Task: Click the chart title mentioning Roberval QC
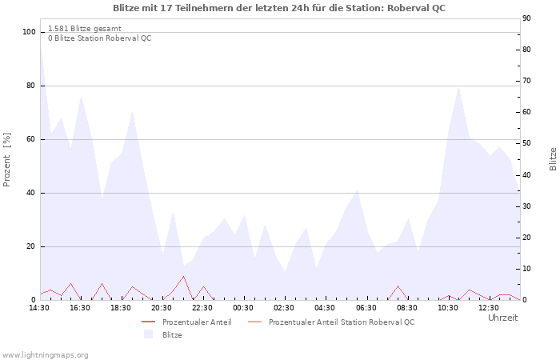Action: pyautogui.click(x=279, y=8)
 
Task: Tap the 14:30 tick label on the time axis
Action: pyautogui.click(x=39, y=308)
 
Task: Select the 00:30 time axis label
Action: pyautogui.click(x=243, y=308)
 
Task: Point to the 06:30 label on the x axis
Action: pyautogui.click(x=366, y=308)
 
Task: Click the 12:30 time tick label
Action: pyautogui.click(x=489, y=308)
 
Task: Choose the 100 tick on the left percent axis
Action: pyautogui.click(x=29, y=32)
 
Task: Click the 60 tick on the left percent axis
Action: pyautogui.click(x=30, y=139)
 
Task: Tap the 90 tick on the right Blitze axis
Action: pyautogui.click(x=526, y=18)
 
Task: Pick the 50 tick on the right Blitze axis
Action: pyautogui.click(x=526, y=143)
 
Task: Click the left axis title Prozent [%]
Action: pyautogui.click(x=6, y=160)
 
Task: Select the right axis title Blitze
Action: pyautogui.click(x=553, y=159)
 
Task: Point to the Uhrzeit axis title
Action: pyautogui.click(x=503, y=318)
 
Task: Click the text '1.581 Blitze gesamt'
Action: pyautogui.click(x=85, y=29)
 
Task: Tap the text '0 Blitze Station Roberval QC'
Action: pyautogui.click(x=100, y=38)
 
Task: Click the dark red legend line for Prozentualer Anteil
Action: pyautogui.click(x=148, y=322)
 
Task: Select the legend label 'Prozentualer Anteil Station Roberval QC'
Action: pyautogui.click(x=342, y=322)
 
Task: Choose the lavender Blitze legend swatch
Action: pyautogui.click(x=148, y=334)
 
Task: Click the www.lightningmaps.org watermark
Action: pyautogui.click(x=45, y=355)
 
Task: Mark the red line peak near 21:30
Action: pyautogui.click(x=183, y=276)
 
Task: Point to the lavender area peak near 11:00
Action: pyautogui.click(x=458, y=86)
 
